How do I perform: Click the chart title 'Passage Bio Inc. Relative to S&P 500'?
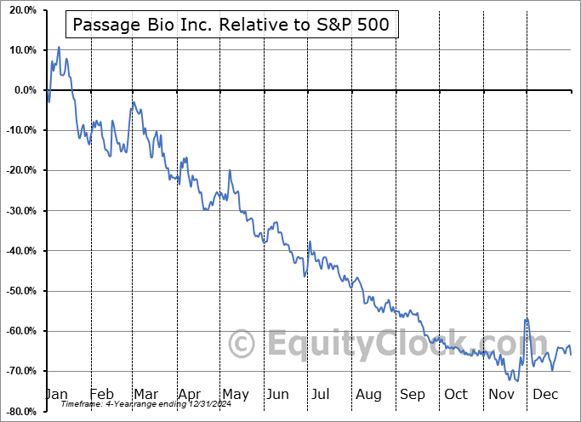[231, 25]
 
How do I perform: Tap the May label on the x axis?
[236, 395]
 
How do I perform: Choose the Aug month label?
[368, 395]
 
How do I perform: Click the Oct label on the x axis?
[456, 395]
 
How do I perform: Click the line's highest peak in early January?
[59, 47]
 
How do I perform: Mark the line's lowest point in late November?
[517, 380]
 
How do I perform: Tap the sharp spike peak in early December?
[527, 318]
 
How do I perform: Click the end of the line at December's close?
[570, 353]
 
